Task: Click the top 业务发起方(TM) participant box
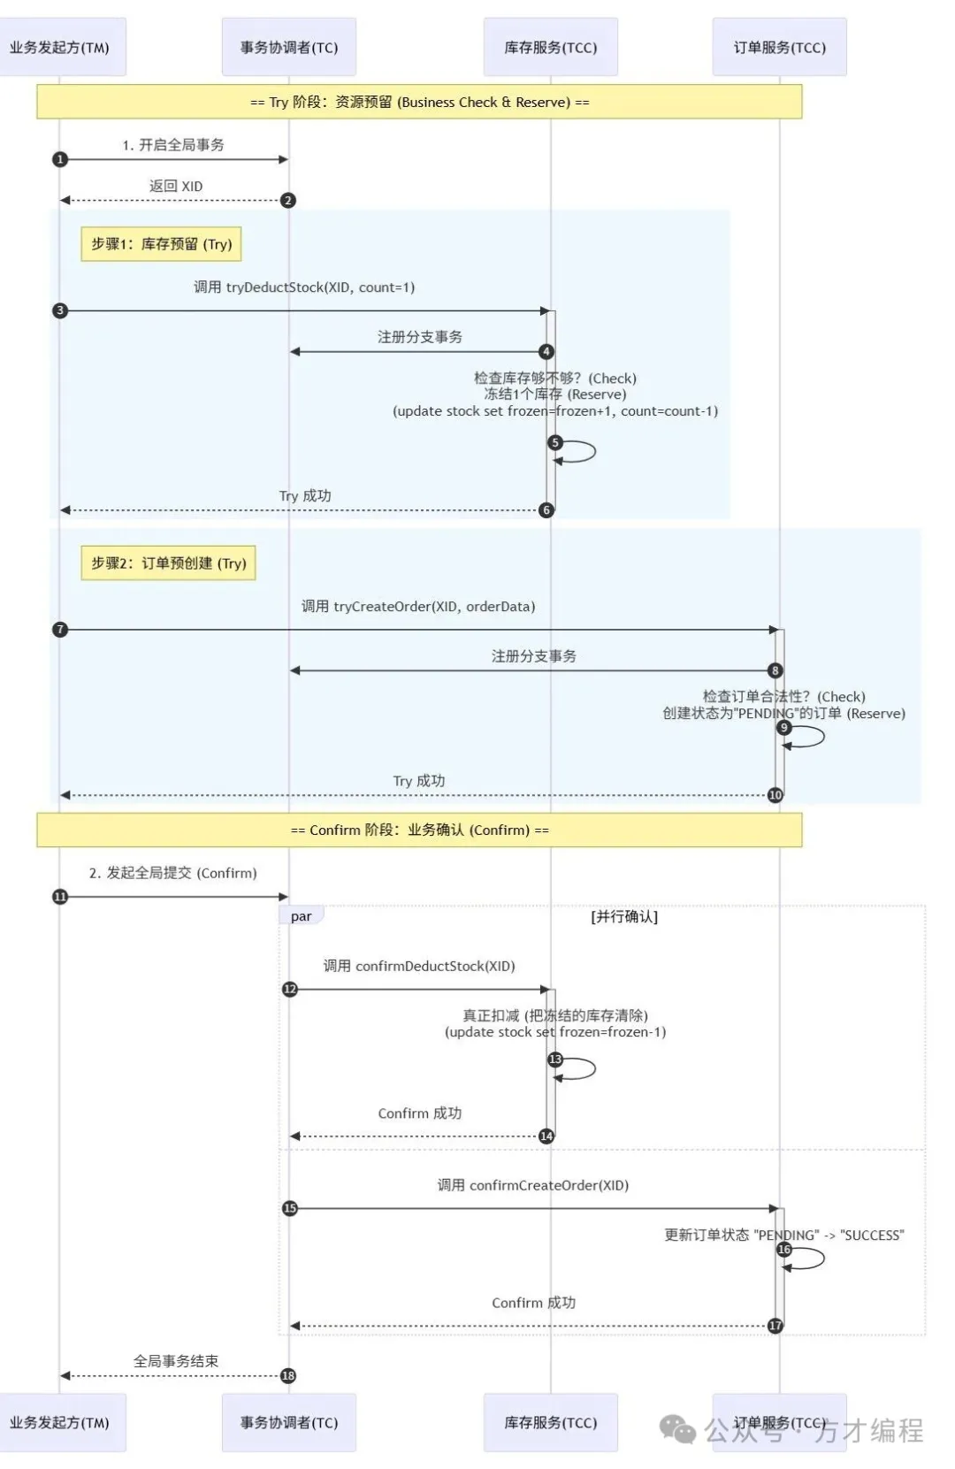60,47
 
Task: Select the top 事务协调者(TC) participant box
289,47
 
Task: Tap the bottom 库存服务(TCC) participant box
550,1422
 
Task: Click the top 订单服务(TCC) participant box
779,47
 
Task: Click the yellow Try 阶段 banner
419,102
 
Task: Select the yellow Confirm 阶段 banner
419,830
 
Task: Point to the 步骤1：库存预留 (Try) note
161,244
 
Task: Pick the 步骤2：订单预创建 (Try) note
168,562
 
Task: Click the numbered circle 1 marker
60,159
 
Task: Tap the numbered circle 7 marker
60,630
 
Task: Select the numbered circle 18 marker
288,1375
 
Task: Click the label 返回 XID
175,186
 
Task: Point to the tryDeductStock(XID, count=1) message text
304,287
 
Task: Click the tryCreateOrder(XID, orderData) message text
418,607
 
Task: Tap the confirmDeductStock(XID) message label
419,966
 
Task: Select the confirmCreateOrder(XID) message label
533,1185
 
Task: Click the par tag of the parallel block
302,916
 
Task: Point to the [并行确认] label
624,917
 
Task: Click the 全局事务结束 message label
175,1361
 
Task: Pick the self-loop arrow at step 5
579,452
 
